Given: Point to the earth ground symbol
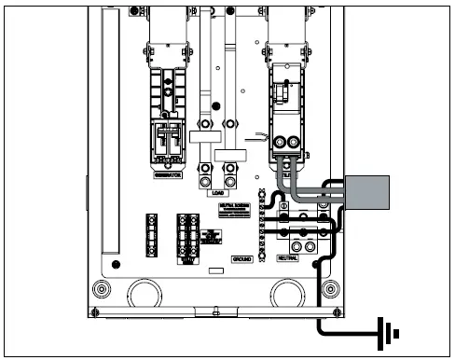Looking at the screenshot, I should (385, 331).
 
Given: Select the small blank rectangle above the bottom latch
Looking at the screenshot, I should (215, 270).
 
